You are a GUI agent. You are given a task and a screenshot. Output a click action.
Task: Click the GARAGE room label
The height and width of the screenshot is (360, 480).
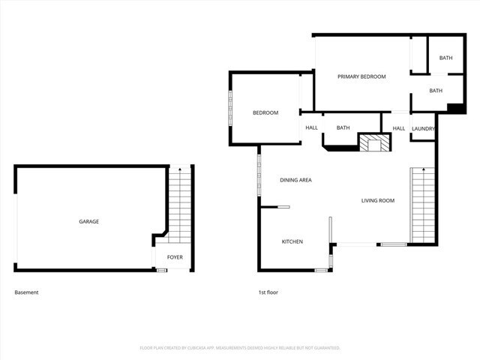pyautogui.click(x=89, y=221)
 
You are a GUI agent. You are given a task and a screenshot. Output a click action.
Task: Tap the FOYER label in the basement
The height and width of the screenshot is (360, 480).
pyautogui.click(x=174, y=257)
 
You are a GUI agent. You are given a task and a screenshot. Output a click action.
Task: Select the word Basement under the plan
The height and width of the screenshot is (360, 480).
pyautogui.click(x=26, y=292)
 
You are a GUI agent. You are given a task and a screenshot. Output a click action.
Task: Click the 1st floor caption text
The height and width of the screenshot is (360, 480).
pyautogui.click(x=268, y=292)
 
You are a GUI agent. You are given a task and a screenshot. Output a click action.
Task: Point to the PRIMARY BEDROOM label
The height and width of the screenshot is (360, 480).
pyautogui.click(x=361, y=76)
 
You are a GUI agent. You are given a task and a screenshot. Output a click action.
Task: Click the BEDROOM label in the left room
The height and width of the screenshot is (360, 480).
pyautogui.click(x=265, y=112)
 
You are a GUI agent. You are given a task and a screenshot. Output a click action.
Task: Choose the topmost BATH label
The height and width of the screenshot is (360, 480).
pyautogui.click(x=445, y=58)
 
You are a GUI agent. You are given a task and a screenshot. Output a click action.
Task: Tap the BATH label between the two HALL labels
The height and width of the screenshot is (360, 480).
pyautogui.click(x=343, y=127)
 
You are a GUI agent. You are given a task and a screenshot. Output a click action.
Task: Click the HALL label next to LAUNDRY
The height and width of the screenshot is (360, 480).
pyautogui.click(x=398, y=128)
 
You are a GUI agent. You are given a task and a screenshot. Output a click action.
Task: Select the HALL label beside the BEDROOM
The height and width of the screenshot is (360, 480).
pyautogui.click(x=311, y=127)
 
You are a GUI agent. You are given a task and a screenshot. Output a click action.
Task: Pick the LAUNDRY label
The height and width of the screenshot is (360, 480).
pyautogui.click(x=424, y=128)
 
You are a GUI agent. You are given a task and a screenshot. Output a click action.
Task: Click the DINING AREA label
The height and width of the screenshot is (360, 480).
pyautogui.click(x=295, y=180)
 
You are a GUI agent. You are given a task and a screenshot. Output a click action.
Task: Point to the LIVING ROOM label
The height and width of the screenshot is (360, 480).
pyautogui.click(x=377, y=200)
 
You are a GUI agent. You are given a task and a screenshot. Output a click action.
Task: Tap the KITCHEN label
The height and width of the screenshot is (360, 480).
pyautogui.click(x=292, y=241)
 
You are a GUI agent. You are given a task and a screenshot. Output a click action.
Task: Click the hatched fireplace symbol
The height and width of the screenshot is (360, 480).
pyautogui.click(x=374, y=142)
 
